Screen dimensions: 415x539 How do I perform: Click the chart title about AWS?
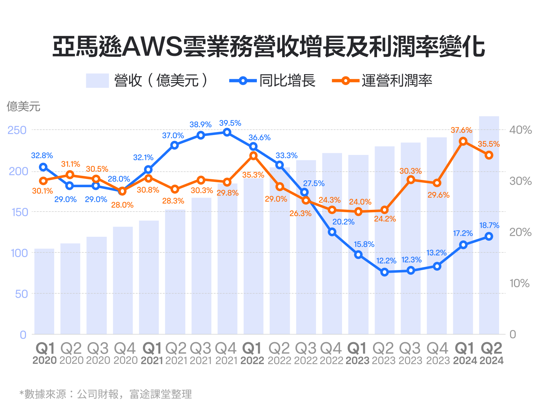point(269,47)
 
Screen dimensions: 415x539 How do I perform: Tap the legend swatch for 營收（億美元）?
point(97,80)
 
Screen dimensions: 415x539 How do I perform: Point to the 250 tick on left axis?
point(17,130)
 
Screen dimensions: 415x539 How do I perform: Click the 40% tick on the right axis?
point(520,130)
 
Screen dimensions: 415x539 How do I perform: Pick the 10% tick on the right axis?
point(519,283)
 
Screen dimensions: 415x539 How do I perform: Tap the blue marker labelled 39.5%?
point(227,132)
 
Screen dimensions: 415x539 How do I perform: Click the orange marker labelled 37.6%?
point(463,141)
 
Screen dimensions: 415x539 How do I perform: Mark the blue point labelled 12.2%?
point(384,272)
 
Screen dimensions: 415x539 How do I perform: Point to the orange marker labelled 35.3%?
point(253,156)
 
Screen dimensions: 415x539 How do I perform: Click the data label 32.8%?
point(42,155)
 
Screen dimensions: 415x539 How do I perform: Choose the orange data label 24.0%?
point(360,202)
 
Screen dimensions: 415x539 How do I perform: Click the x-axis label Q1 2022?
point(252,354)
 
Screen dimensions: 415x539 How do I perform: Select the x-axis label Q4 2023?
point(438,354)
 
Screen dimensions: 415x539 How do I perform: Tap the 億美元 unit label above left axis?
point(23,106)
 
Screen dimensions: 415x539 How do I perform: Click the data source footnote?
point(106,394)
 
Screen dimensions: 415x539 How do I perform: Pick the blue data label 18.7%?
point(489,225)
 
